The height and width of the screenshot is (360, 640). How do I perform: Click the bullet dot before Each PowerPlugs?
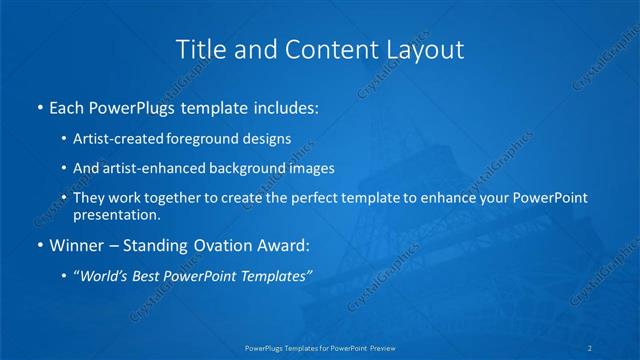point(39,106)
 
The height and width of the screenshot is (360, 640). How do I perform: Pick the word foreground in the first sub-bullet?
point(213,140)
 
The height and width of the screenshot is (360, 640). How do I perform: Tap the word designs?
point(269,140)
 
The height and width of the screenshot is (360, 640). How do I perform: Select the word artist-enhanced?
point(167,168)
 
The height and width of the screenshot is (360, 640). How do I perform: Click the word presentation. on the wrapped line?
point(116,214)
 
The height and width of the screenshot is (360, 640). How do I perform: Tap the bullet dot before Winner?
point(39,243)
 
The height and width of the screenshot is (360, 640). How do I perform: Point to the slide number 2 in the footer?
point(590,347)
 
